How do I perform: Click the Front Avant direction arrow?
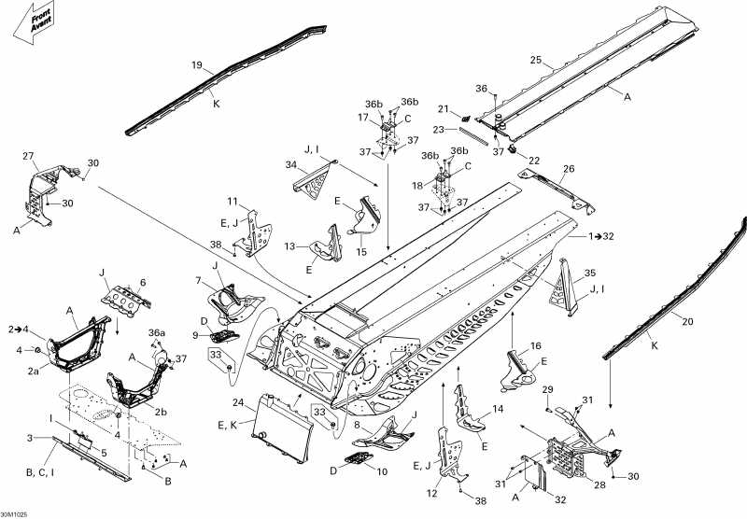point(34,21)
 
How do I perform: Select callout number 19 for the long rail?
point(197,65)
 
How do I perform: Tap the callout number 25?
point(536,60)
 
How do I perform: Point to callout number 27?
point(28,156)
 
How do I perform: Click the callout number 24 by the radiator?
point(238,403)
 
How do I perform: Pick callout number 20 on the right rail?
point(687,322)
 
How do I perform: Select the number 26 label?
point(569,169)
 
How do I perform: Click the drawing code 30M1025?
point(14,514)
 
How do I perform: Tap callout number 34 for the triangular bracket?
point(291,164)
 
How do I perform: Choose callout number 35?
point(590,273)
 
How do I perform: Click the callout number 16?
point(536,345)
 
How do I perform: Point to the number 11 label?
point(232,202)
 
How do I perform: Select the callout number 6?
point(143,282)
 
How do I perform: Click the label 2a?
point(33,371)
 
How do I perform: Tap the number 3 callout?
point(30,438)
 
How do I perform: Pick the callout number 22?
point(534,161)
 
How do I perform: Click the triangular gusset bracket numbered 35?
point(563,288)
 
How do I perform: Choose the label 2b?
point(161,412)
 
